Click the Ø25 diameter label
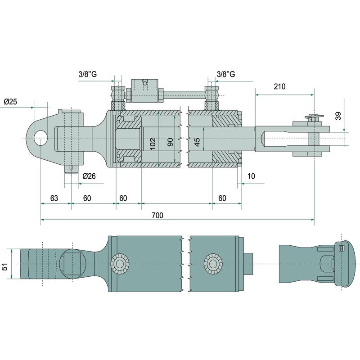click(10, 102)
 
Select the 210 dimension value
click(279, 86)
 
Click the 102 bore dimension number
click(153, 144)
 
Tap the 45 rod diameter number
click(197, 143)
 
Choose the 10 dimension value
click(251, 175)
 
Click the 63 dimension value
click(54, 198)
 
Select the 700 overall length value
click(157, 216)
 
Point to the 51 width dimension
click(6, 267)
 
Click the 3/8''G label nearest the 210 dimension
click(226, 74)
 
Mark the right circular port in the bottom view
click(212, 263)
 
